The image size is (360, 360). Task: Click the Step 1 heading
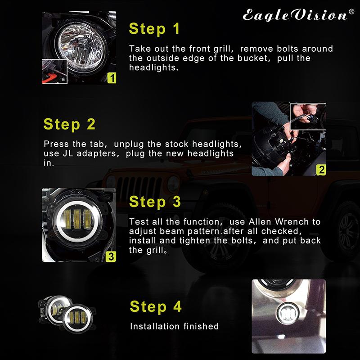(x=154, y=28)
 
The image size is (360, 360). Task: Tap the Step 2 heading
(x=69, y=124)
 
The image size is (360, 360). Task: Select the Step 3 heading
(x=155, y=202)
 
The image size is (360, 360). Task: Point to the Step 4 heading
(x=156, y=306)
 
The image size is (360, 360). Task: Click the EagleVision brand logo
(x=295, y=15)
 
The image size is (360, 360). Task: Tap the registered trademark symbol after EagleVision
(x=352, y=12)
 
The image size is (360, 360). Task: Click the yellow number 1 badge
(x=112, y=78)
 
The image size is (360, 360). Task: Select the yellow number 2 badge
(x=321, y=170)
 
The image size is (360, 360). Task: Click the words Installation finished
(x=174, y=326)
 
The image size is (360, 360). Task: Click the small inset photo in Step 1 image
(x=54, y=71)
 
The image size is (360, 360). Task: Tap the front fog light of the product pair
(x=72, y=320)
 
